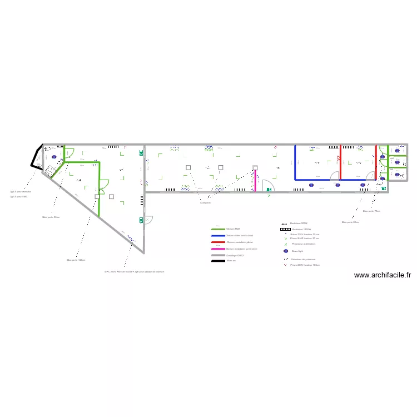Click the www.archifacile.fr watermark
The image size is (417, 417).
[382, 275]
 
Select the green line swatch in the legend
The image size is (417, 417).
[218, 229]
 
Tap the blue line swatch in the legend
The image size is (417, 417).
[218, 235]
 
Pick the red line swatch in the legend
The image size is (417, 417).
[218, 242]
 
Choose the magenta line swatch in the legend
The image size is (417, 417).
[218, 249]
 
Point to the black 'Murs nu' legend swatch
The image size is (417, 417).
[218, 261]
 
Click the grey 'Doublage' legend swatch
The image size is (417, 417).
[218, 255]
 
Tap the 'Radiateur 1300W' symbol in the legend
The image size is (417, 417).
[285, 229]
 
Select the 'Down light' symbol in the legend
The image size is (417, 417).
[286, 251]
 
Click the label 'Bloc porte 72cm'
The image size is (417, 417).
[371, 211]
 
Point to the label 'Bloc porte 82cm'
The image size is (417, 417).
[350, 222]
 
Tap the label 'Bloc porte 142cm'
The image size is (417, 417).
[76, 260]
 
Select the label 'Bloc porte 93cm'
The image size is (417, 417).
[51, 217]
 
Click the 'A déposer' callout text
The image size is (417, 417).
[206, 203]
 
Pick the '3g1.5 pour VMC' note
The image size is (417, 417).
[19, 196]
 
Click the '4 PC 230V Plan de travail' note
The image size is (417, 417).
[134, 272]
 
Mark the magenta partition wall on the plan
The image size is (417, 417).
[256, 181]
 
